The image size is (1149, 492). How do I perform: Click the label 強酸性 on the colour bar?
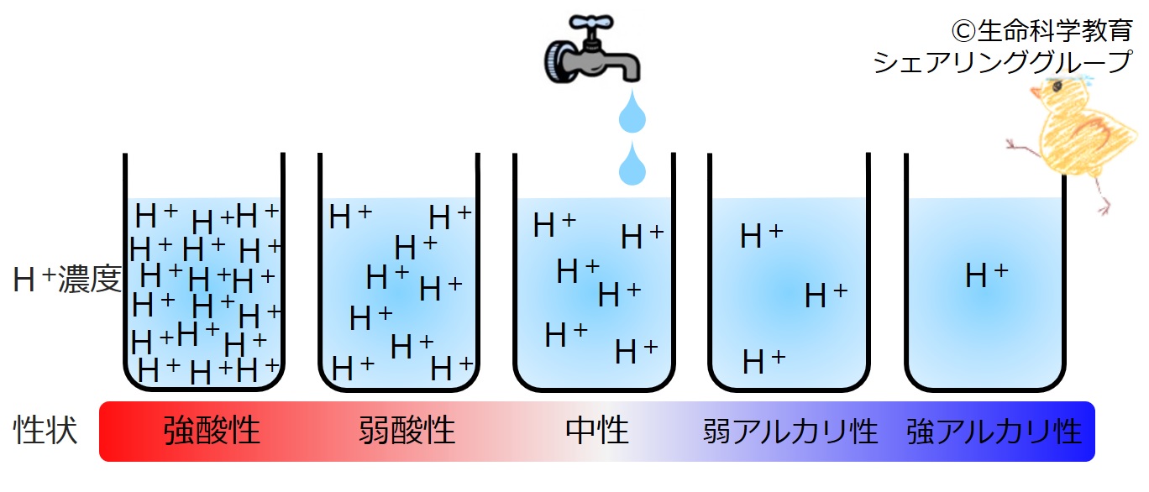coord(212,431)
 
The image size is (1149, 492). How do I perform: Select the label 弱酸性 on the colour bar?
coord(407,431)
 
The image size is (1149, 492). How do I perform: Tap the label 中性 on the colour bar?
coord(597,431)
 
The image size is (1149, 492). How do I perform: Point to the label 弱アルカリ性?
coord(790,432)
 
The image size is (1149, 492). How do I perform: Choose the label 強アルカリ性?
coord(994,432)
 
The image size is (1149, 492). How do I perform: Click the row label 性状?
coord(45,430)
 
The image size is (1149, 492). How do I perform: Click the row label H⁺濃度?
coord(67,280)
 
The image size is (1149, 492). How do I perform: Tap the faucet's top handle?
coord(592,23)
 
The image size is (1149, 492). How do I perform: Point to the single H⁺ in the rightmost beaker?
coord(986,275)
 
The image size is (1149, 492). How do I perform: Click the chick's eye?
coord(1057,86)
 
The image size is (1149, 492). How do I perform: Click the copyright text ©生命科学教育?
coord(1041,31)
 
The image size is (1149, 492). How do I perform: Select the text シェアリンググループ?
coord(1002,62)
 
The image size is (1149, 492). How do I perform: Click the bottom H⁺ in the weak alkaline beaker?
coord(763,361)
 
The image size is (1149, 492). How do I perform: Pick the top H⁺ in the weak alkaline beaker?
coord(761,236)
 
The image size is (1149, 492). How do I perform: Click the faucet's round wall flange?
coord(558,61)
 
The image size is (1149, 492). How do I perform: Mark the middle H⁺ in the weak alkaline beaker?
coord(826,296)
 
